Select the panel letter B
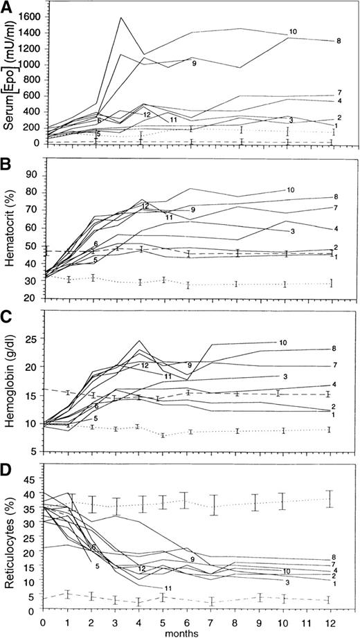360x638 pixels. point(7,165)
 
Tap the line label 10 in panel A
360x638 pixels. point(293,33)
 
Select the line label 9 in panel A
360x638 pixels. point(195,64)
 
